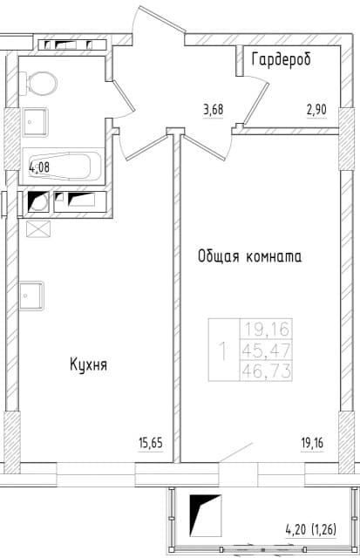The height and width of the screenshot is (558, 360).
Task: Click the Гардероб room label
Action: (281, 59)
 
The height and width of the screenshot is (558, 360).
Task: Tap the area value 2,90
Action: (316, 109)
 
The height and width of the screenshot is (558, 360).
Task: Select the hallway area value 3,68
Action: (213, 109)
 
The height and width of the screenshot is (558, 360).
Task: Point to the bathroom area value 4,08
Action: (39, 167)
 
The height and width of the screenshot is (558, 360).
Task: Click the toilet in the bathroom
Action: (38, 84)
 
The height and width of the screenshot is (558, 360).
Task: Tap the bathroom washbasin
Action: (35, 122)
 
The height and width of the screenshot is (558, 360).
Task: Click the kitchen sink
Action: (31, 296)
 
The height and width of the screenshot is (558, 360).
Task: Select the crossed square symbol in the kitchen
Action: (38, 228)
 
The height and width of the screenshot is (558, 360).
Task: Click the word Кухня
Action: (89, 364)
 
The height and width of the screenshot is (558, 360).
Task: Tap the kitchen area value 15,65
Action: (150, 443)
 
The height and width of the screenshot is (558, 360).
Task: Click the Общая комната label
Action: (249, 256)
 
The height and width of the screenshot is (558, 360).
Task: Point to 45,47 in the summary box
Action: (267, 350)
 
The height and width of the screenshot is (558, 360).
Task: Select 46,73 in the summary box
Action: (267, 371)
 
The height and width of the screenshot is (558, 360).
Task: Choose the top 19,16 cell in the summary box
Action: (267, 329)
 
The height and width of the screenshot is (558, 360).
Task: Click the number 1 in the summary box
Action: (223, 350)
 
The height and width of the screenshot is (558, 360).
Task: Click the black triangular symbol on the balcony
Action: (205, 515)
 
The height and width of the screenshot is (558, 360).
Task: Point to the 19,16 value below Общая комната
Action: (312, 443)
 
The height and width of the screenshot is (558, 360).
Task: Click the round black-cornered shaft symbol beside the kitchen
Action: (38, 201)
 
